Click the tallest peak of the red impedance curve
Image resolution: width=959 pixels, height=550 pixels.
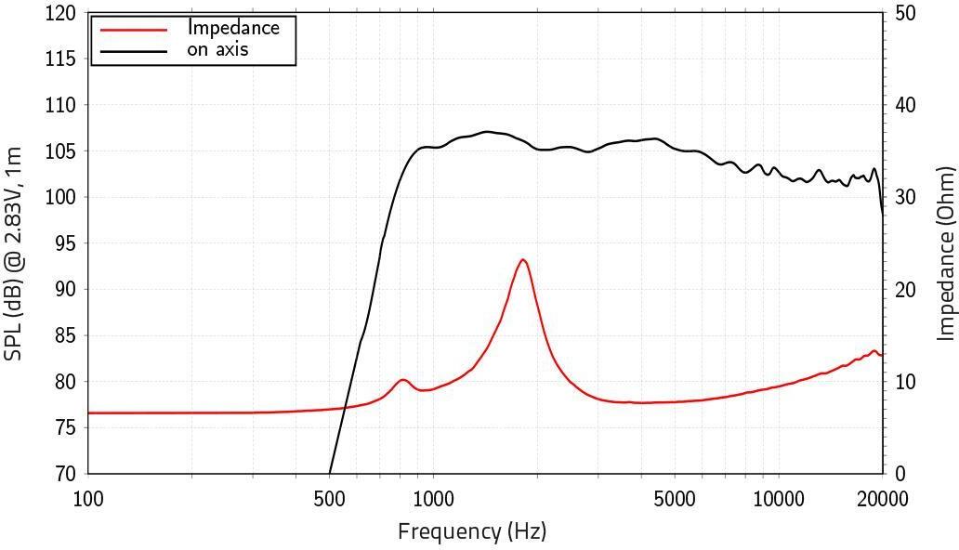point(523,260)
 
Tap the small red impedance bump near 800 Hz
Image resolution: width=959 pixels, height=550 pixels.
point(403,380)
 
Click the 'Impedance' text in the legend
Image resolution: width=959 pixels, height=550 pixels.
point(232,28)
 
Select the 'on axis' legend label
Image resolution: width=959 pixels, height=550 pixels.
point(217,49)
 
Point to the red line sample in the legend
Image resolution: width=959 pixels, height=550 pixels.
point(133,30)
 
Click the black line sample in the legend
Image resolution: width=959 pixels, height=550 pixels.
point(133,50)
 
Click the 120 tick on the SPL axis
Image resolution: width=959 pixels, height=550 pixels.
point(61,14)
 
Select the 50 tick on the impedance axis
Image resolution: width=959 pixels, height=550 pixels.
point(905,14)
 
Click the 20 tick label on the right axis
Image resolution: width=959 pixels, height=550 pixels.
point(905,290)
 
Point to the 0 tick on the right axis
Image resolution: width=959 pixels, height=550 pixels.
point(900,474)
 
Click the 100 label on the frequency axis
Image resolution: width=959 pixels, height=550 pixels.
point(88,500)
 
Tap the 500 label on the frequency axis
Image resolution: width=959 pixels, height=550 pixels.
point(330,500)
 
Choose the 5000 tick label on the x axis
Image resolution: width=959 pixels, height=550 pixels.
point(674,500)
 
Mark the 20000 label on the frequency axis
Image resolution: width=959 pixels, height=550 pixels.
point(882,500)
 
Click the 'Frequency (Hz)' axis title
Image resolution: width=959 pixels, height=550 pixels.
point(472,531)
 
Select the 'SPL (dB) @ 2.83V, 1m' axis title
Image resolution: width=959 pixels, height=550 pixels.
point(13,240)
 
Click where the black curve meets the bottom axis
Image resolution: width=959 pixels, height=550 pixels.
point(330,473)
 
